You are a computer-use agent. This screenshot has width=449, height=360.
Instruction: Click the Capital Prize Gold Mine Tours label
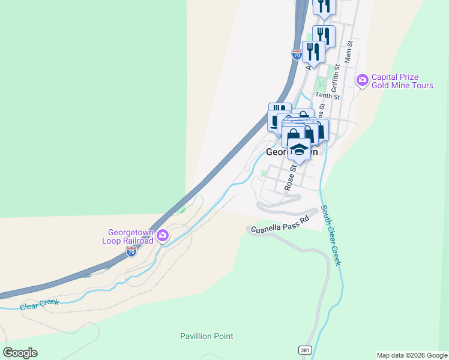tap(402, 81)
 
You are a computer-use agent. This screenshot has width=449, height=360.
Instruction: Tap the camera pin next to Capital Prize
tap(362, 80)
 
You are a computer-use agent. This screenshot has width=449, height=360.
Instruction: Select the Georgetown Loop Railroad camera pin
tap(162, 236)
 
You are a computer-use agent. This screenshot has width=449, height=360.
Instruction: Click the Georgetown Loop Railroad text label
tap(130, 236)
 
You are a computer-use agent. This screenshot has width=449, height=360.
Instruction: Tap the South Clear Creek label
tap(331, 235)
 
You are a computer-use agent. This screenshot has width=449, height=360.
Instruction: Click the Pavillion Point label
tap(206, 336)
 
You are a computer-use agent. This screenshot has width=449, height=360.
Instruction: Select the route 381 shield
tap(305, 349)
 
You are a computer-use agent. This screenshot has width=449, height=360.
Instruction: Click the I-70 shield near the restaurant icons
tap(297, 54)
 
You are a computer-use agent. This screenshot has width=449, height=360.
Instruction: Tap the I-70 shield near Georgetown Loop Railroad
tap(131, 252)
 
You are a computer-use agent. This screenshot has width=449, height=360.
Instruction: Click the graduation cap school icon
tap(299, 149)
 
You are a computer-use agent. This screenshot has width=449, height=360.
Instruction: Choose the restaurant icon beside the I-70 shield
tap(313, 52)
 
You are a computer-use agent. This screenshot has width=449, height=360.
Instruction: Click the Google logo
tap(20, 353)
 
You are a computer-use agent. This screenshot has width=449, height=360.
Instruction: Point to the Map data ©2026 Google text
tap(412, 355)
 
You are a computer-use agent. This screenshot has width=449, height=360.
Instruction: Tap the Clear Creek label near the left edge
tap(39, 304)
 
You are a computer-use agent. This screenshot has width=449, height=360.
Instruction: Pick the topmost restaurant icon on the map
tap(324, 6)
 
